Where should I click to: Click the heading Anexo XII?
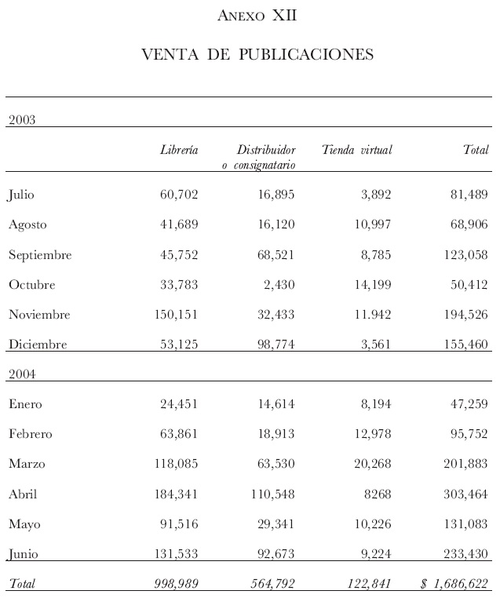point(257,16)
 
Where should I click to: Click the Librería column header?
point(179,150)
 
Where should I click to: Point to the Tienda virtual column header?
point(356,150)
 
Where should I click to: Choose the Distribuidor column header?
point(265,150)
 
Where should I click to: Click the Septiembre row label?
point(40,255)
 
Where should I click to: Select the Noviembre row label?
point(39,315)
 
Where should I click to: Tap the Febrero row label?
point(32,434)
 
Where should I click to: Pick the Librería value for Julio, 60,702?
point(177,195)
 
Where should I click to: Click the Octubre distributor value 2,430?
point(279,285)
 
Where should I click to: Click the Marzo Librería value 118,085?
point(173,464)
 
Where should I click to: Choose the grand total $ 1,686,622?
point(454,584)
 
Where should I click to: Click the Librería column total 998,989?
point(173,584)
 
